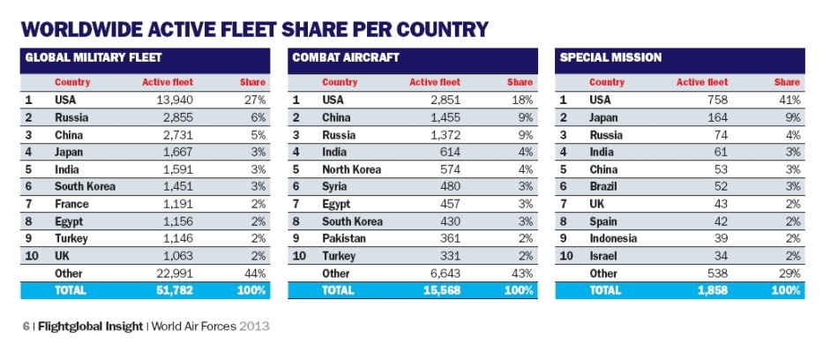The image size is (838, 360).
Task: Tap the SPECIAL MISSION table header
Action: (608, 58)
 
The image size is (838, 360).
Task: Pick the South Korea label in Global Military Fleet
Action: (85, 186)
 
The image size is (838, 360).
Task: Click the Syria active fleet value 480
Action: (449, 186)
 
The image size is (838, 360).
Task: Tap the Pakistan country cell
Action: (344, 238)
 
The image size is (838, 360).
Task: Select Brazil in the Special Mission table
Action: (603, 186)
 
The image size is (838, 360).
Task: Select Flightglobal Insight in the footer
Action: (92, 326)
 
